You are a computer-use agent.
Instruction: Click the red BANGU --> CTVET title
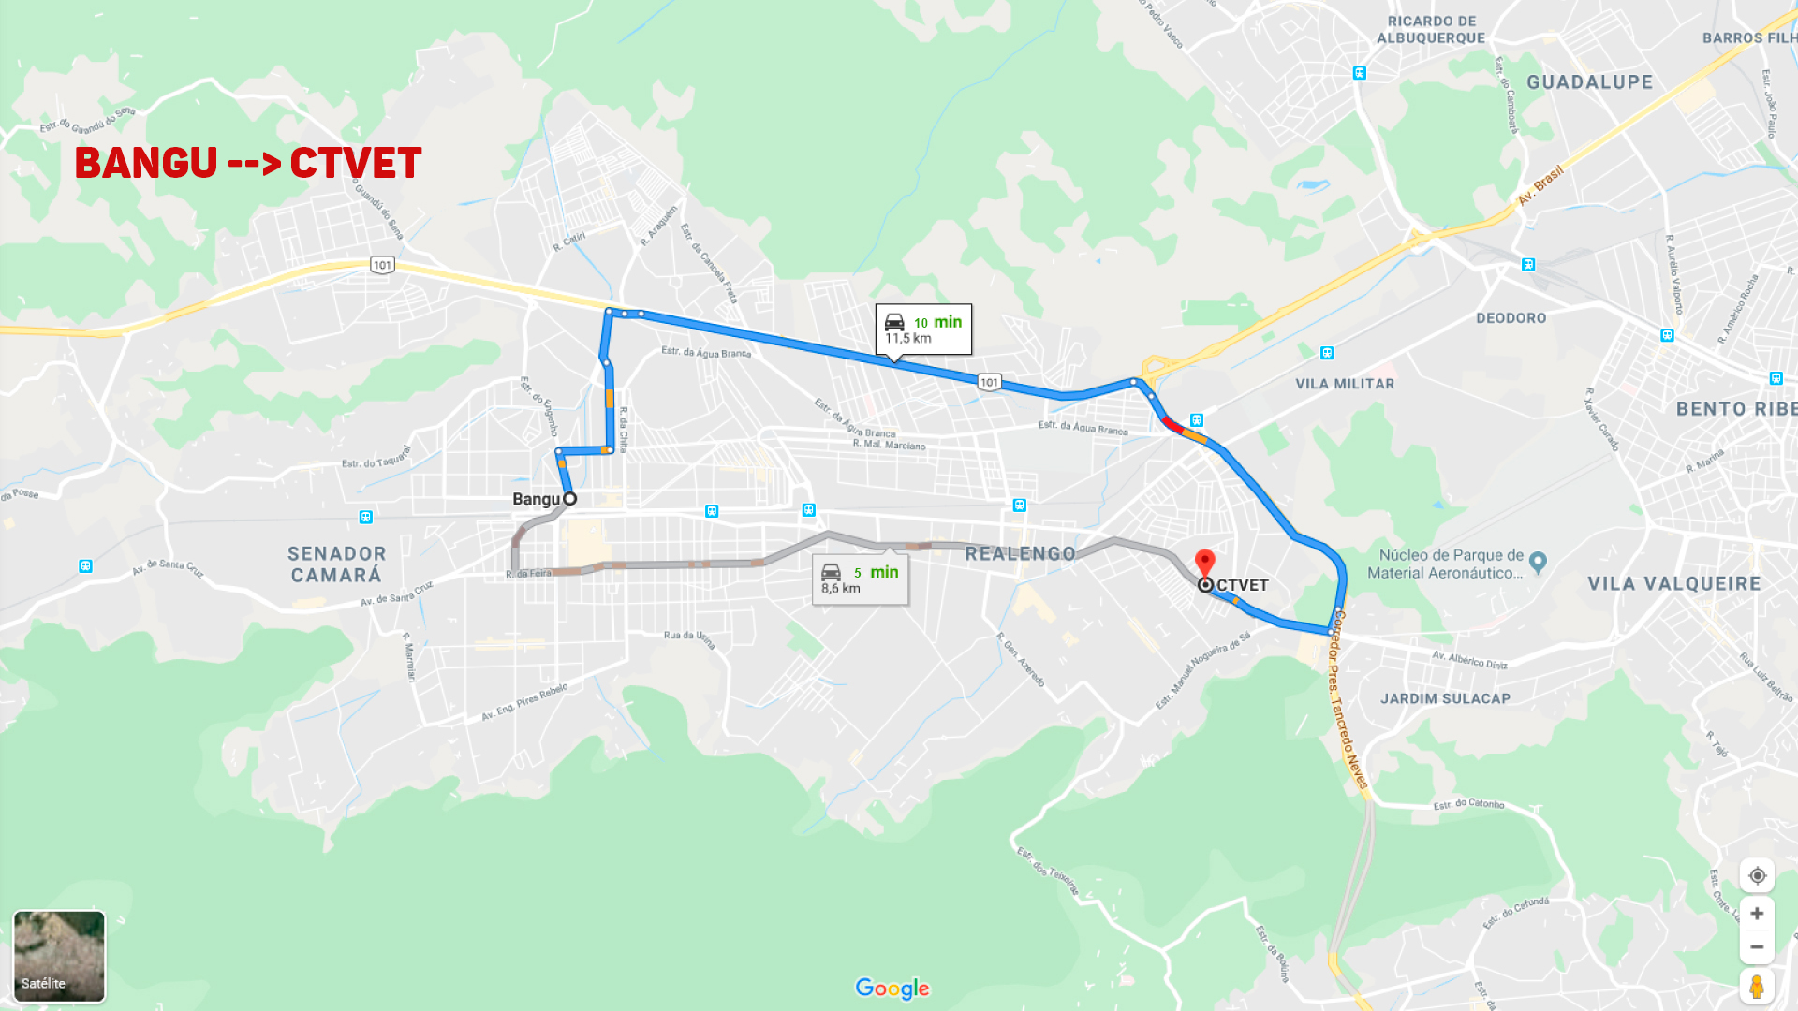tap(248, 163)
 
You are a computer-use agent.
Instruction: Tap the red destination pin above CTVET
tap(1205, 562)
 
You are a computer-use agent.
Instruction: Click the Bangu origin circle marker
tap(569, 499)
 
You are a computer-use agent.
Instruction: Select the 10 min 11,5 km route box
tap(923, 329)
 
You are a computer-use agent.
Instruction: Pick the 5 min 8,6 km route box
tap(860, 579)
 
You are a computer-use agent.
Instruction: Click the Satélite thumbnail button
tap(59, 956)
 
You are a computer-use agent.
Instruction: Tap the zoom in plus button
tap(1757, 914)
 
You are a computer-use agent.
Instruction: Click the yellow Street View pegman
tap(1757, 987)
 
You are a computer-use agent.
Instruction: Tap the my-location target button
tap(1757, 875)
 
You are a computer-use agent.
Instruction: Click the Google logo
tap(892, 989)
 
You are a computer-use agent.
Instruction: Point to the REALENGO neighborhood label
tap(1020, 554)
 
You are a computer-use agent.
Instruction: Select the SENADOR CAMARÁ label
tap(336, 564)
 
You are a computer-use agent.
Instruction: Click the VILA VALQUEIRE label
tap(1673, 584)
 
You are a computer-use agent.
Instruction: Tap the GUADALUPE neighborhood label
tap(1589, 82)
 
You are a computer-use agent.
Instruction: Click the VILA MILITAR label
tap(1344, 384)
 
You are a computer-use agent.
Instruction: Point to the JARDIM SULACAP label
tap(1445, 698)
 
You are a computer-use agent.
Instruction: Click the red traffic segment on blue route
tap(1172, 424)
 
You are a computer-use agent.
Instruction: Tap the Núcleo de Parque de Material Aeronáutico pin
tap(1537, 562)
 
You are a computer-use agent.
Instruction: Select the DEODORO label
tap(1511, 318)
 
